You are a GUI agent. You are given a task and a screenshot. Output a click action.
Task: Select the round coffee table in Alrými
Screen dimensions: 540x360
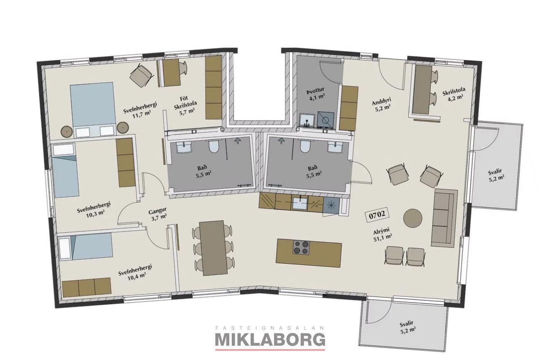[x=413, y=218]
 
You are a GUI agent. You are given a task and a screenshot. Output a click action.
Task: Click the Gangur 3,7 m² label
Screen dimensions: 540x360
[x=158, y=214]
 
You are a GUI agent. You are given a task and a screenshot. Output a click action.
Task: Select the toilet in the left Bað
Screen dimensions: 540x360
[x=214, y=147]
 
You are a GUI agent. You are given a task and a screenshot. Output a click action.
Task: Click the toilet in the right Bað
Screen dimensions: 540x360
[x=305, y=147]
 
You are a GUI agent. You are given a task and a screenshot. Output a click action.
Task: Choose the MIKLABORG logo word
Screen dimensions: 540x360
[x=270, y=340]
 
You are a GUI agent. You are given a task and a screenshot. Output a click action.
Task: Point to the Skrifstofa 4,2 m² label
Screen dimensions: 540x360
[x=454, y=94]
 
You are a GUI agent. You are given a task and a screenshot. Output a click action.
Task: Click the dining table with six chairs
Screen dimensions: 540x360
[x=213, y=247]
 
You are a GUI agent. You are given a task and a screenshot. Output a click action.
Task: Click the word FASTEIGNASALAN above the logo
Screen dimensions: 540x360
[x=270, y=328]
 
